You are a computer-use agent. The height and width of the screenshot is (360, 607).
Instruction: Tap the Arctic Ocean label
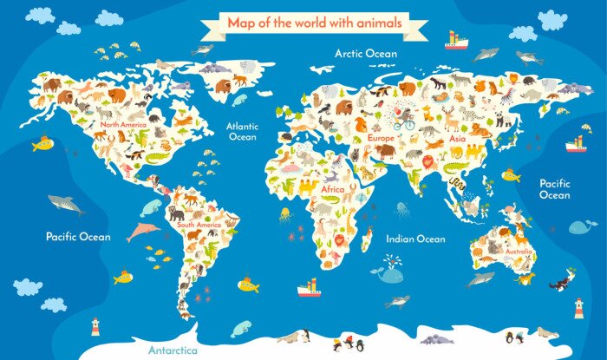(366, 54)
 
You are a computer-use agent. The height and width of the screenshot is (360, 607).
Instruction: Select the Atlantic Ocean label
(242, 131)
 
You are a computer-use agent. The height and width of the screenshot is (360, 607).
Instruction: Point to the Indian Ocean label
(415, 239)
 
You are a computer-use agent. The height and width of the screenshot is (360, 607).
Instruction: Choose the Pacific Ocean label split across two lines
(554, 189)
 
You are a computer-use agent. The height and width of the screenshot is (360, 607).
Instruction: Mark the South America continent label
(199, 225)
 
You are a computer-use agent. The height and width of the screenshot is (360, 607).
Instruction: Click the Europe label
(381, 137)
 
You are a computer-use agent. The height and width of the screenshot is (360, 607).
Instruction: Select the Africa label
(333, 189)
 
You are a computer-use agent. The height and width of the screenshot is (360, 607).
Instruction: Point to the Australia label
(518, 252)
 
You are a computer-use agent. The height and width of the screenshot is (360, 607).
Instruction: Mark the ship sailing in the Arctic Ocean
(456, 40)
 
